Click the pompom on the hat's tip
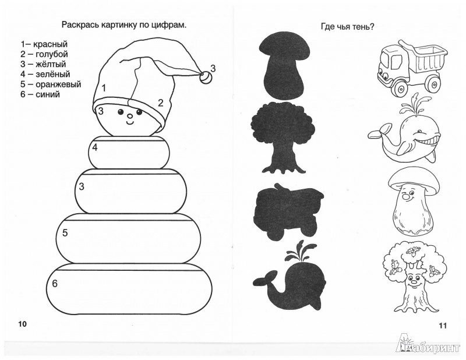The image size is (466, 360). click(205, 78)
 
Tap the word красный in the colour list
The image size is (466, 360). click(50, 44)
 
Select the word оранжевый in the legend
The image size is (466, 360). click(58, 84)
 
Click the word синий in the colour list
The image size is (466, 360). click(48, 94)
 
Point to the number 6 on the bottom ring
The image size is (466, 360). click(55, 284)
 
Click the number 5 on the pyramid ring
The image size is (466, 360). click(65, 233)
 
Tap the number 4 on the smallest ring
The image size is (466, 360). click(94, 147)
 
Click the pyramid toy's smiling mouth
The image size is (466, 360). click(130, 122)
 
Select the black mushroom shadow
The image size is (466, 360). click(283, 65)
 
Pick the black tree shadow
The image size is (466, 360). click(280, 137)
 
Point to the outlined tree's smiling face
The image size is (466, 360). click(414, 280)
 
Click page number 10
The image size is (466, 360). click(23, 324)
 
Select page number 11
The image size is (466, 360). click(443, 326)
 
